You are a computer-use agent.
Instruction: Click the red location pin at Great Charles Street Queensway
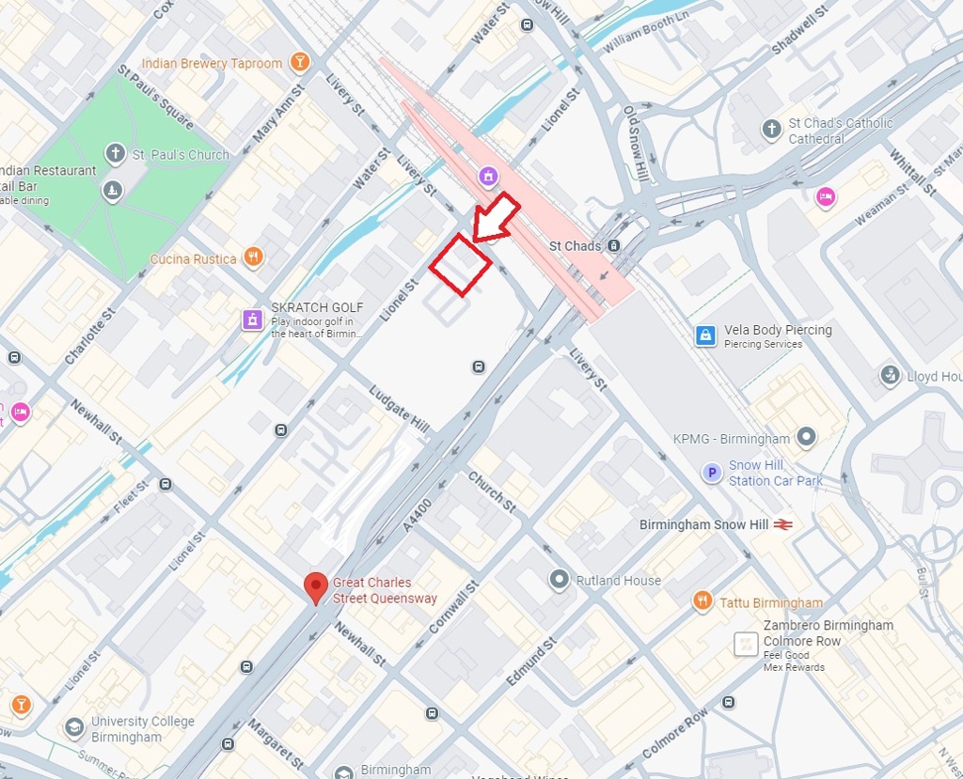pyautogui.click(x=316, y=587)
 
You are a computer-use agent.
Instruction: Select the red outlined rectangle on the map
pyautogui.click(x=460, y=264)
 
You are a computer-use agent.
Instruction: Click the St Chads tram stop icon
pyautogui.click(x=613, y=246)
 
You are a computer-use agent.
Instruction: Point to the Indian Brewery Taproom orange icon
pyautogui.click(x=299, y=63)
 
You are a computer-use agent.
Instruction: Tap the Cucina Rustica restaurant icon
pyautogui.click(x=252, y=257)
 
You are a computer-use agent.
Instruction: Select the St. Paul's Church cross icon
pyautogui.click(x=115, y=153)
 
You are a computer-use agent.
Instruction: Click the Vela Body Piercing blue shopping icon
pyautogui.click(x=705, y=335)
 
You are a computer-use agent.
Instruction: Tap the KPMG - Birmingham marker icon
pyautogui.click(x=805, y=437)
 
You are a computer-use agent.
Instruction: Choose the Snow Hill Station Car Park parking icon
pyautogui.click(x=713, y=473)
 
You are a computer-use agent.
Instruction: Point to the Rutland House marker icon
pyautogui.click(x=560, y=580)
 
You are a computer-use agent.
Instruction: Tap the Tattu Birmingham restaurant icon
pyautogui.click(x=703, y=601)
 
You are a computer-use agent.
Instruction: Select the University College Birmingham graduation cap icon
pyautogui.click(x=74, y=728)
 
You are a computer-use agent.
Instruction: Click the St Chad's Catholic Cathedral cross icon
pyautogui.click(x=772, y=130)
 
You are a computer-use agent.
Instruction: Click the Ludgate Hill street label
pyautogui.click(x=399, y=410)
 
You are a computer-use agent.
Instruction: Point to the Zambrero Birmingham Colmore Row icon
pyautogui.click(x=746, y=645)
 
